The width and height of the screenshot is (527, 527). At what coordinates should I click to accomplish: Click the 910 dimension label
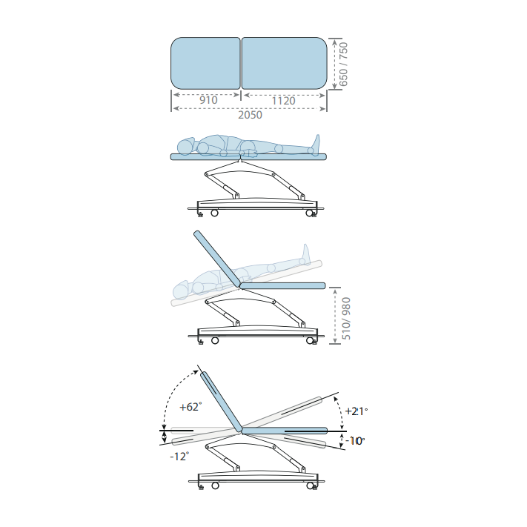point(208,100)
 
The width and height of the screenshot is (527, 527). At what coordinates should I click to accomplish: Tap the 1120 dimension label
point(283,101)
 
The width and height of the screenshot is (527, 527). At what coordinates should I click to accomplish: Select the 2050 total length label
point(250,115)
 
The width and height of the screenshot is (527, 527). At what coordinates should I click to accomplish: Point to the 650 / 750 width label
point(343,64)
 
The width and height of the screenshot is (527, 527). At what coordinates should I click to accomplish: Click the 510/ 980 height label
point(346,319)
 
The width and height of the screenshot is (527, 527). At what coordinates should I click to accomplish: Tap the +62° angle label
point(190,407)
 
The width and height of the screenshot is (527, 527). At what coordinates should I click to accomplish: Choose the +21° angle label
point(357,411)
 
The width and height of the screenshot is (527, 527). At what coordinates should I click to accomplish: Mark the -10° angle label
point(355,440)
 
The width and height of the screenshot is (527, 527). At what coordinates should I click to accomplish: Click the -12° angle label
point(179,457)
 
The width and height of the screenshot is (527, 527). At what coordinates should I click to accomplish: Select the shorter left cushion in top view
point(206,63)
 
